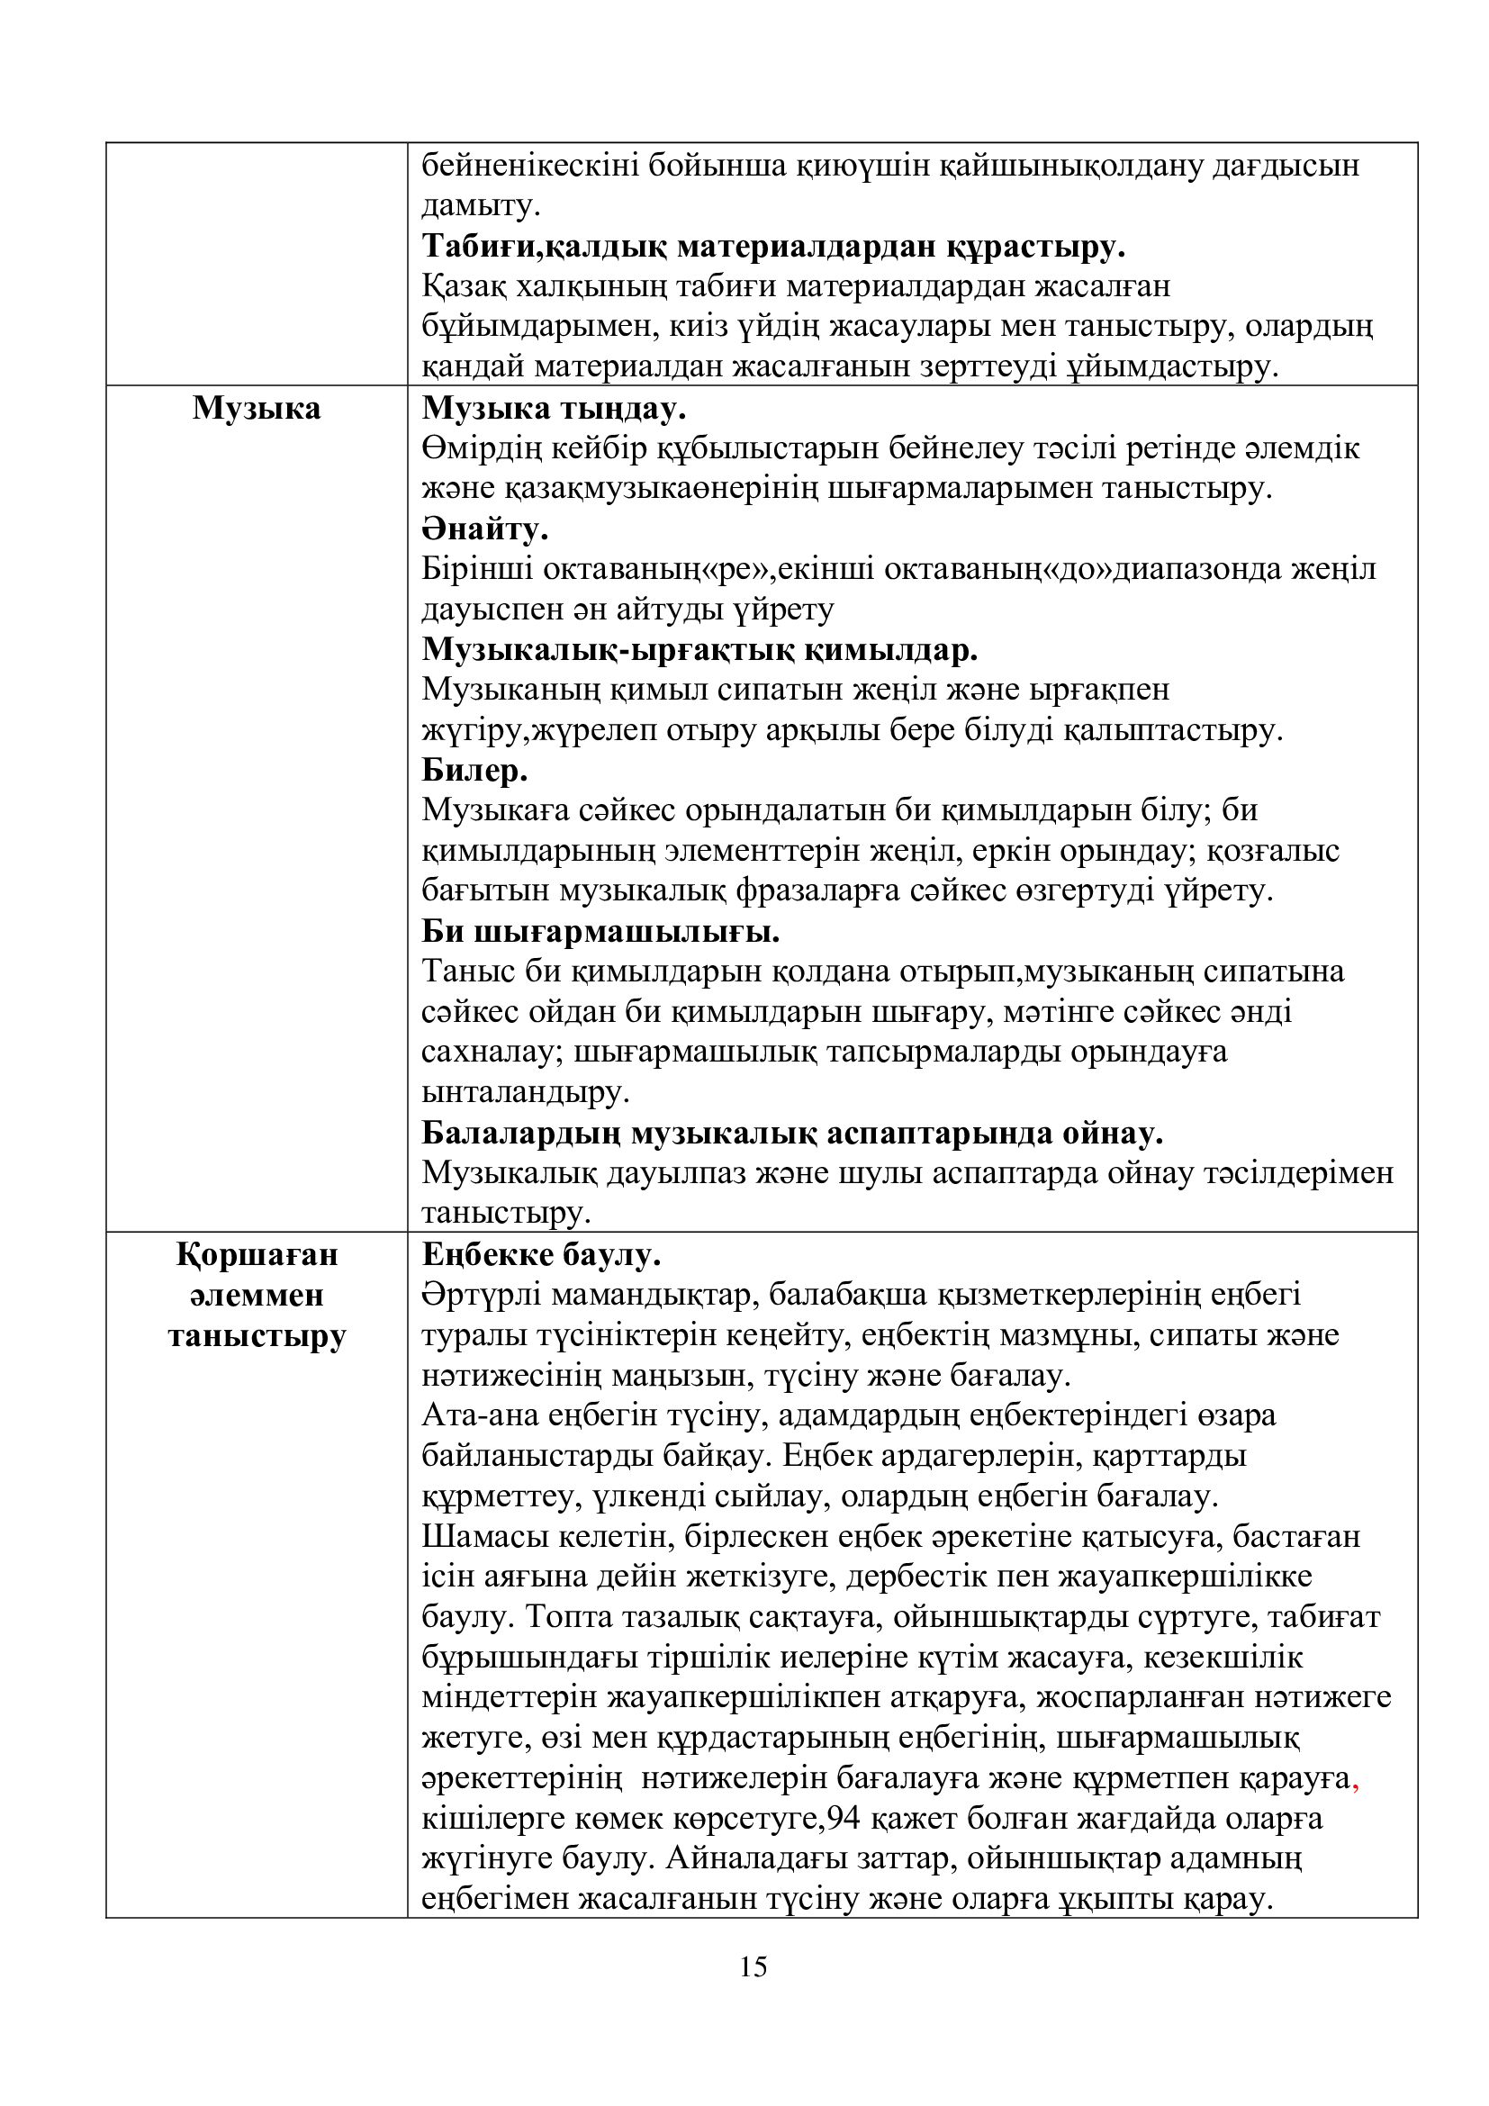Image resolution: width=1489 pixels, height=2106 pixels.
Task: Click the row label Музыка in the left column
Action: coord(257,408)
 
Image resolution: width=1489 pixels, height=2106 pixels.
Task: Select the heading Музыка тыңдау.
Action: coord(554,408)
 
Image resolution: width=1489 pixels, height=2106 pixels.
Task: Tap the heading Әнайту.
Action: coord(485,529)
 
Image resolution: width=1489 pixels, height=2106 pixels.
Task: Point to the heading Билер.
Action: coord(475,771)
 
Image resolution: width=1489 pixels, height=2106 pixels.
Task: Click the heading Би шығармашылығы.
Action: coord(600,932)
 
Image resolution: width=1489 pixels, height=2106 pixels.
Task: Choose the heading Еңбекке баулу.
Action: coord(541,1255)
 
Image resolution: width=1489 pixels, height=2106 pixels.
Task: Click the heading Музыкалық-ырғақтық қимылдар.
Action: coord(699,650)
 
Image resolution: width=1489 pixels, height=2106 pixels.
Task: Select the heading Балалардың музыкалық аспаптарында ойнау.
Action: coord(792,1134)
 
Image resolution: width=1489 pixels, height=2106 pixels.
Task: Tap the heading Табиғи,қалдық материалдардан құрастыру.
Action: coord(774,247)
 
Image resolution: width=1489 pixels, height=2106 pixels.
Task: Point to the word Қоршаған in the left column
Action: coord(257,1255)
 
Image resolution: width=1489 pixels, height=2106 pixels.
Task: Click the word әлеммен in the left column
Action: coord(257,1295)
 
